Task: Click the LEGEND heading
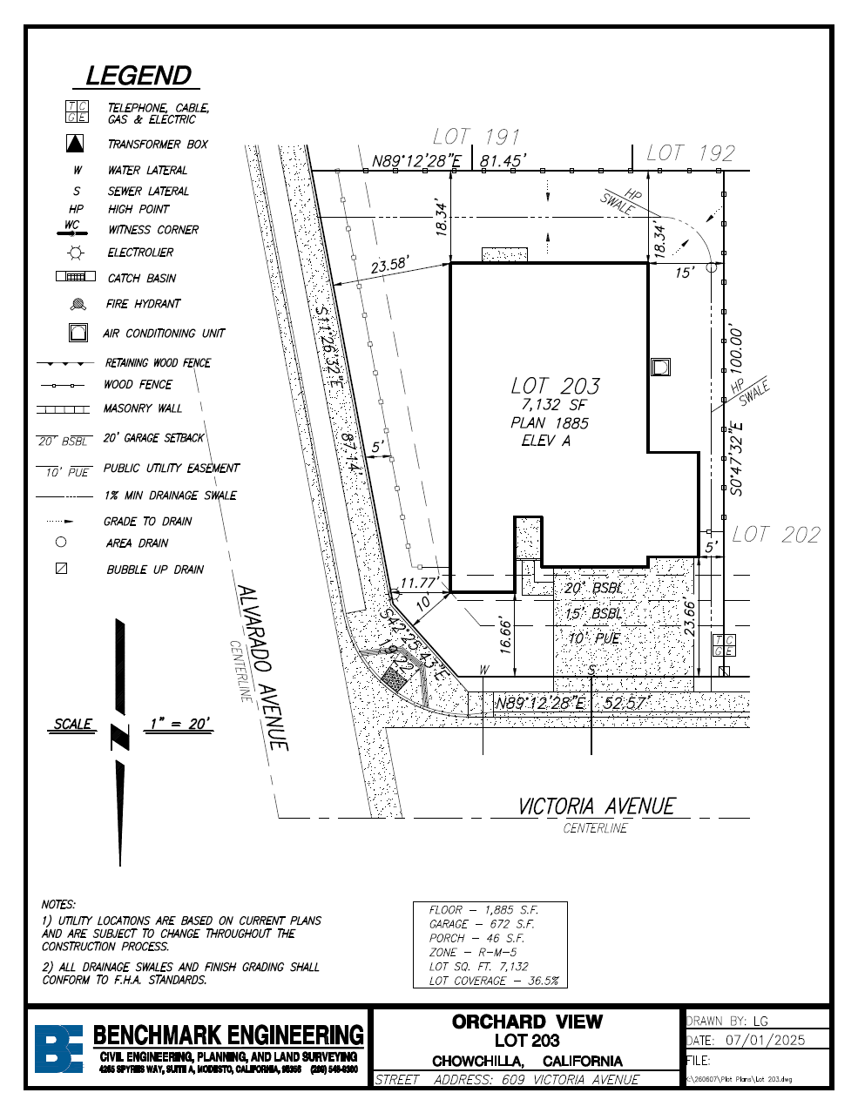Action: tap(139, 76)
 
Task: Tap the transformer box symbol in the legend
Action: tap(77, 144)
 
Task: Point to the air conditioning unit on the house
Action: tap(661, 367)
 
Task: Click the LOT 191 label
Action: tap(476, 137)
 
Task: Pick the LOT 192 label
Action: tap(691, 153)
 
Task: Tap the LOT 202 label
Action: tap(776, 535)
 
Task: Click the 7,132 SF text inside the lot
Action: tap(554, 405)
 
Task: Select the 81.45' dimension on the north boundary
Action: tap(500, 161)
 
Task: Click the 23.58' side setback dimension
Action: tap(389, 266)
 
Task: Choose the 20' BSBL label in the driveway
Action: tap(593, 589)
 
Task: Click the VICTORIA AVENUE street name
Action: tap(597, 806)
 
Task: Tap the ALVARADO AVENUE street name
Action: tap(262, 666)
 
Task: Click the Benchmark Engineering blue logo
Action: tap(58, 1048)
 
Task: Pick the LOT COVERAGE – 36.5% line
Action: tap(493, 981)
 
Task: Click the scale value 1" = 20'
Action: tap(179, 724)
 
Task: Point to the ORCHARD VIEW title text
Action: tap(527, 1022)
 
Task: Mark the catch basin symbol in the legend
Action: tap(76, 277)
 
